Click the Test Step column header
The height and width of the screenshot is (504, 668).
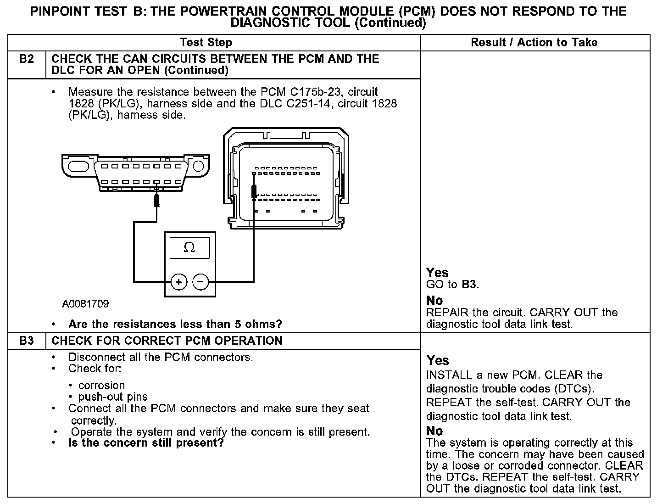point(206,43)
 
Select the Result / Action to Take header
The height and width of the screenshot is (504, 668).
point(534,43)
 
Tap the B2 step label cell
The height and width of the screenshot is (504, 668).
point(27,59)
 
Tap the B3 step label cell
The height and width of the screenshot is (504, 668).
point(27,341)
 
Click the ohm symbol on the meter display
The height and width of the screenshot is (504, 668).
point(189,248)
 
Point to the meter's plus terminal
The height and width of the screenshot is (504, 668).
point(178,281)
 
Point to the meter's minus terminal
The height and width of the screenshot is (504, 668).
point(200,281)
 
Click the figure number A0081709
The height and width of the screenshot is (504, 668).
point(86,304)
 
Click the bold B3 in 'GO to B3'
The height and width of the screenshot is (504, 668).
point(469,285)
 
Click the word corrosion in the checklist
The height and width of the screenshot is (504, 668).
point(101,386)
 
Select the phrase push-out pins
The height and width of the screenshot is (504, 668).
point(113,397)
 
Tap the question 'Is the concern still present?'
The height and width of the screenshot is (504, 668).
point(146,443)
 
